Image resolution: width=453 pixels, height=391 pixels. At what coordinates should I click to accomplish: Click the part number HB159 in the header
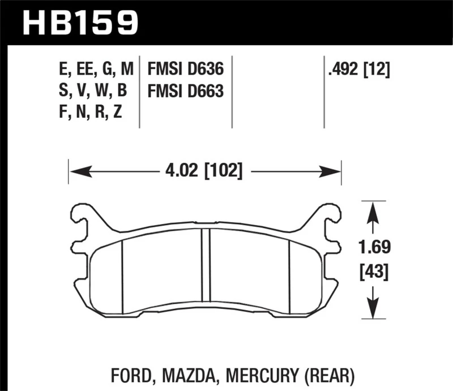tap(80, 23)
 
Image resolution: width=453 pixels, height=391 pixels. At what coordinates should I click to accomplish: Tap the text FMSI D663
tap(185, 91)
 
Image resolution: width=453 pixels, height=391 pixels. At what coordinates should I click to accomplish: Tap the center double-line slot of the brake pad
tap(206, 266)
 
